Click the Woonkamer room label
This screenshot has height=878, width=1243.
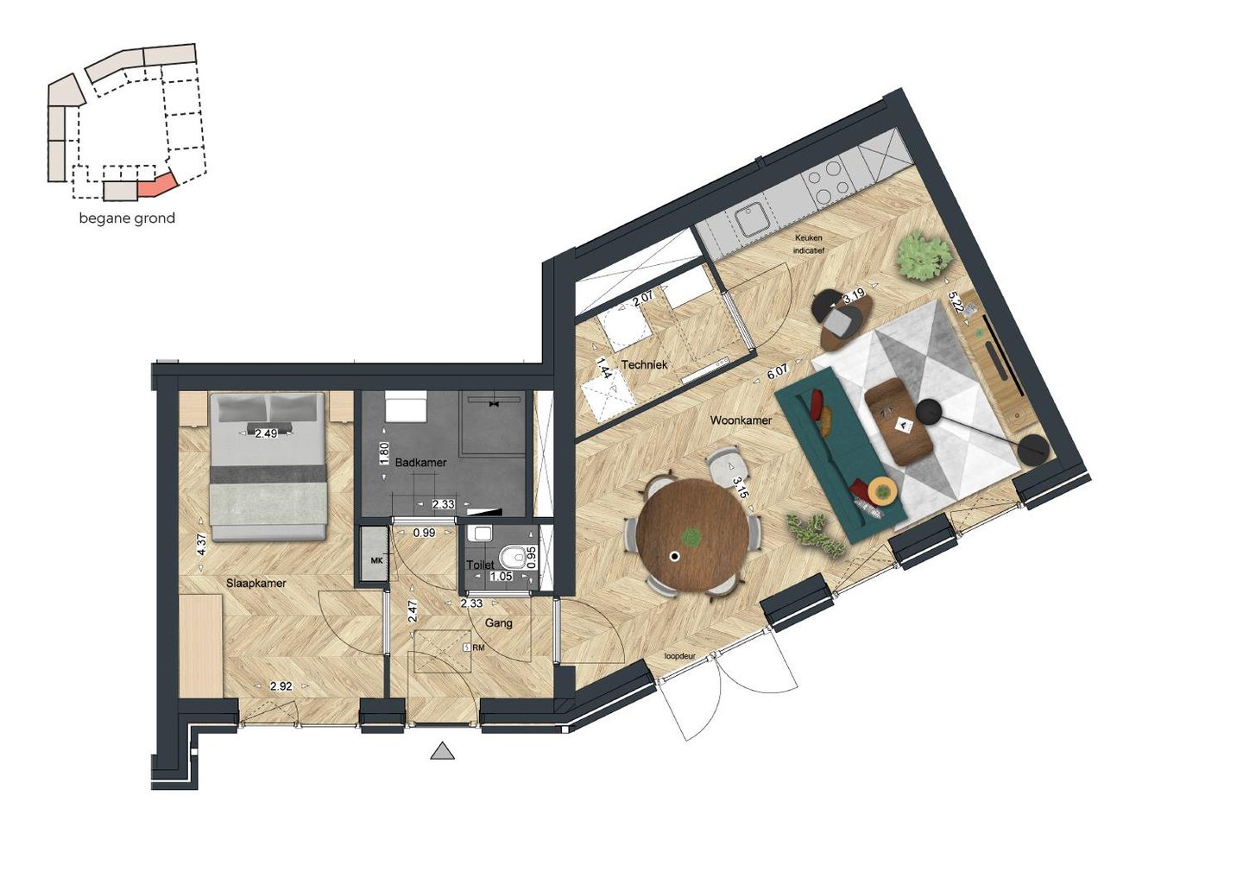coord(741,420)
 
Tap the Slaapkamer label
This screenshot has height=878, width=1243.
coord(256,584)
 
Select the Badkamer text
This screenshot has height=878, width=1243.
coord(420,463)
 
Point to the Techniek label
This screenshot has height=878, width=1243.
coord(644,365)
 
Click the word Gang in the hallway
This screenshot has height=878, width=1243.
coord(499,622)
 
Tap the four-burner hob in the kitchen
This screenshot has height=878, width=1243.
coord(827,180)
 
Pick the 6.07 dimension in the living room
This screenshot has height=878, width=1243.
coord(778,372)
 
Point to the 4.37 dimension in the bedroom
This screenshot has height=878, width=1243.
coord(201,544)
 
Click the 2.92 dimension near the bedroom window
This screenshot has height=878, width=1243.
coord(281,687)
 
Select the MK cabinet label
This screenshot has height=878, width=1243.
coord(376,561)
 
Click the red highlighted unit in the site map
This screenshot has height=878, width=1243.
coord(157,185)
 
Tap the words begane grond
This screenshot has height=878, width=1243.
coord(127,218)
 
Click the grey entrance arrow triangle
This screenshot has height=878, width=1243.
coord(443,751)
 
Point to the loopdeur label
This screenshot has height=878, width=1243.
coord(679,656)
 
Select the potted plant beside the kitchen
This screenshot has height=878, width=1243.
coord(923,256)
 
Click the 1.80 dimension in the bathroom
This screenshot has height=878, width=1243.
coord(385,453)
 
